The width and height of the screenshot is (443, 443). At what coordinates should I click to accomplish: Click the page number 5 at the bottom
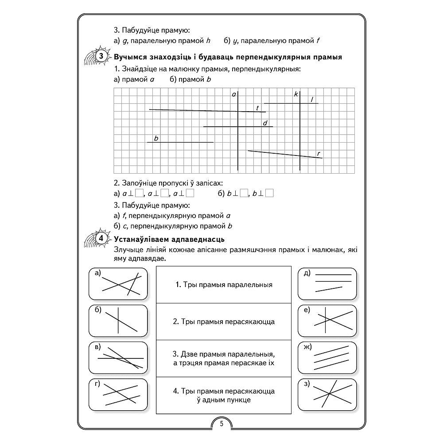[x=221, y=424]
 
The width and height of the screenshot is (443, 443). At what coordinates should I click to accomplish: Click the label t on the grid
[x=257, y=108]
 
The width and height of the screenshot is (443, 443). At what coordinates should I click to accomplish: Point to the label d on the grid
[x=265, y=123]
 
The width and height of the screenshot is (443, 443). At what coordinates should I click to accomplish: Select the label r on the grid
[x=319, y=154]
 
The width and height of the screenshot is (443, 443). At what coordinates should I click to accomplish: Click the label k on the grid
[x=295, y=94]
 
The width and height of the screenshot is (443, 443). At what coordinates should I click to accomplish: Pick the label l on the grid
[x=312, y=100]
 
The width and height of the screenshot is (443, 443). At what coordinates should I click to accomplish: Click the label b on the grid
[x=156, y=138]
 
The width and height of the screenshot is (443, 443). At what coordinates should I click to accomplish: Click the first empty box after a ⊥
[x=139, y=193]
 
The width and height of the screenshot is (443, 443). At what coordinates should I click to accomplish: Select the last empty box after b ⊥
[x=270, y=193]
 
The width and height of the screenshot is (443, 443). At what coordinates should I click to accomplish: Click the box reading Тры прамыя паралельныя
[x=224, y=285]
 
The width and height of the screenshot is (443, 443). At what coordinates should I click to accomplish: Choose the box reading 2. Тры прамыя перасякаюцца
[x=224, y=322]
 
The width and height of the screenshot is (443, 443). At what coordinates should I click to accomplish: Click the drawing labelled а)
[x=118, y=284]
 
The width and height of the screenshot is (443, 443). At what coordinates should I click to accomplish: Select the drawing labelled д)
[x=327, y=284]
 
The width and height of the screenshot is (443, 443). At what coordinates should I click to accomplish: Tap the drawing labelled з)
[x=327, y=394]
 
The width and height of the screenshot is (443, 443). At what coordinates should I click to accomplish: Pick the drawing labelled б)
[x=118, y=321]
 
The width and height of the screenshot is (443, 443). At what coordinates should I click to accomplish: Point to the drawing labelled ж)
[x=327, y=358]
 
